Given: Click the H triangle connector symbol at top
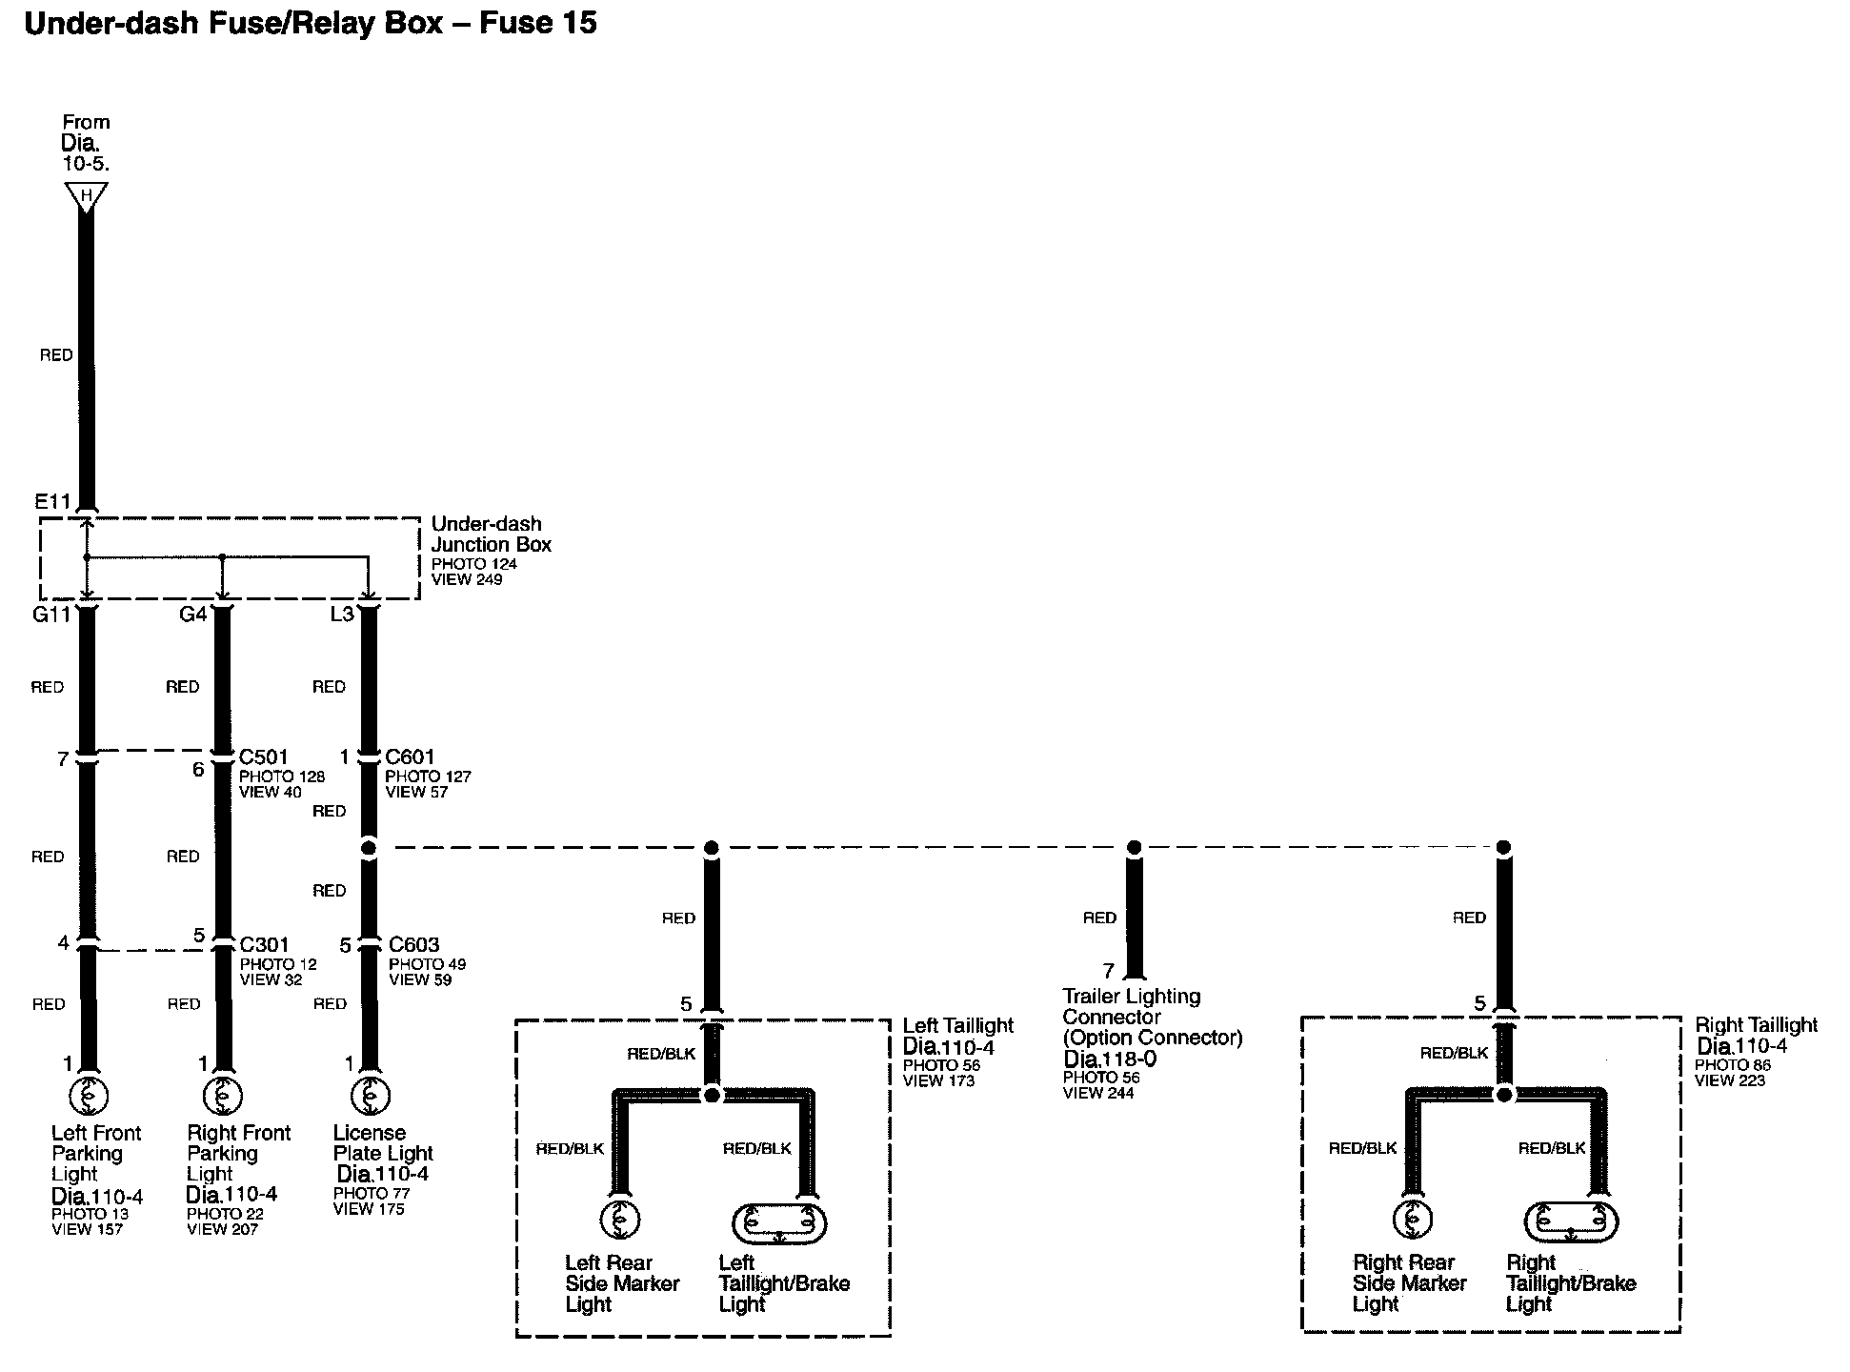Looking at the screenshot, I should (86, 197).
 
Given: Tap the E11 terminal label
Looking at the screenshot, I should (52, 502).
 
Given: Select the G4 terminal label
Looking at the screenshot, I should (192, 615).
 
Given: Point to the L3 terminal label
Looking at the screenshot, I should (341, 615).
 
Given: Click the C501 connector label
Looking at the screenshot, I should (263, 757).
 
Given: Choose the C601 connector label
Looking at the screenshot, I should (410, 757).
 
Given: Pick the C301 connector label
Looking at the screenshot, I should (264, 945).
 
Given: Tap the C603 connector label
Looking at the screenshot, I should (413, 945).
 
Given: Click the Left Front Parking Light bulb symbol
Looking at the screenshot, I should (88, 1098).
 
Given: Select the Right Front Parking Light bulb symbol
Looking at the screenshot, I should (223, 1098).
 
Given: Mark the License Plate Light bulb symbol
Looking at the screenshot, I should (370, 1098).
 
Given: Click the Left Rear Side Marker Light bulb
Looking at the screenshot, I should (619, 1220).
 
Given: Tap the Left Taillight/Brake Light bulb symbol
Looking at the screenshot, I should (779, 1222).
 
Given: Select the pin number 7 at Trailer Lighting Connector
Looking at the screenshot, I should (1108, 971).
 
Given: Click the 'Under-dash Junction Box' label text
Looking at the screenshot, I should (491, 535).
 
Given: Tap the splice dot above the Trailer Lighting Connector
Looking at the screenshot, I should (1134, 847).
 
